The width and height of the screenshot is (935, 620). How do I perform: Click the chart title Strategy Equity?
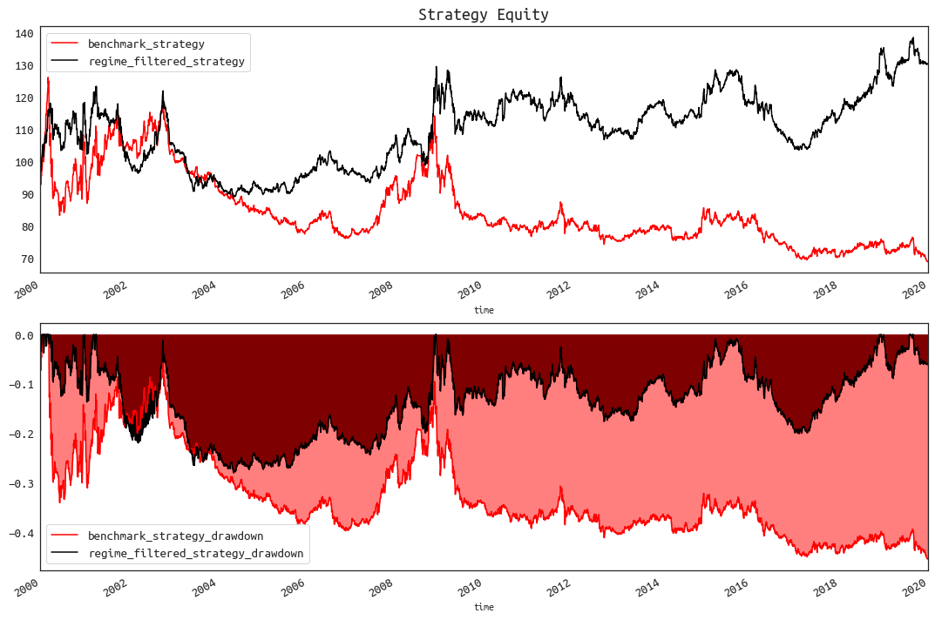pos(483,15)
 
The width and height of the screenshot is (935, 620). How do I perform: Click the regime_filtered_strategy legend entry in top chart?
pos(166,62)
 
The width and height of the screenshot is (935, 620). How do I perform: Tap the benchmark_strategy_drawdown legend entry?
pos(175,536)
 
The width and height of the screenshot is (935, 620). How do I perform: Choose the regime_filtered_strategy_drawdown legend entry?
pos(195,553)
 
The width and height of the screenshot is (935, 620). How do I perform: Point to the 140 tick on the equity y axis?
pos(24,34)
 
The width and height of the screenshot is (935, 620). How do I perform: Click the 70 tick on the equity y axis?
pos(24,259)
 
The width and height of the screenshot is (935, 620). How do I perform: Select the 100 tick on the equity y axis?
pos(24,163)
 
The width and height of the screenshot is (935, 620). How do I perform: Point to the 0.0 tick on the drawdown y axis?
pos(24,335)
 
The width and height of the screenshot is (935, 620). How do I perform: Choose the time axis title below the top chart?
pos(484,309)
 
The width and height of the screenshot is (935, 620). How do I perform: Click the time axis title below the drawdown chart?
pos(484,607)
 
